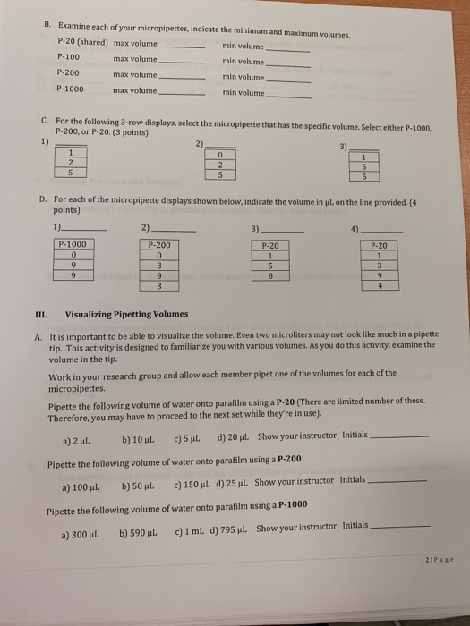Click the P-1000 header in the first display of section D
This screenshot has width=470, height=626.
coord(73,242)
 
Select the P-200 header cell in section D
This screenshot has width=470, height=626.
coord(158,242)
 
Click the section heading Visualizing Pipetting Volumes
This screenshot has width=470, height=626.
coord(126,314)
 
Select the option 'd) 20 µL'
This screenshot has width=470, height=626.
coord(234,436)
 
